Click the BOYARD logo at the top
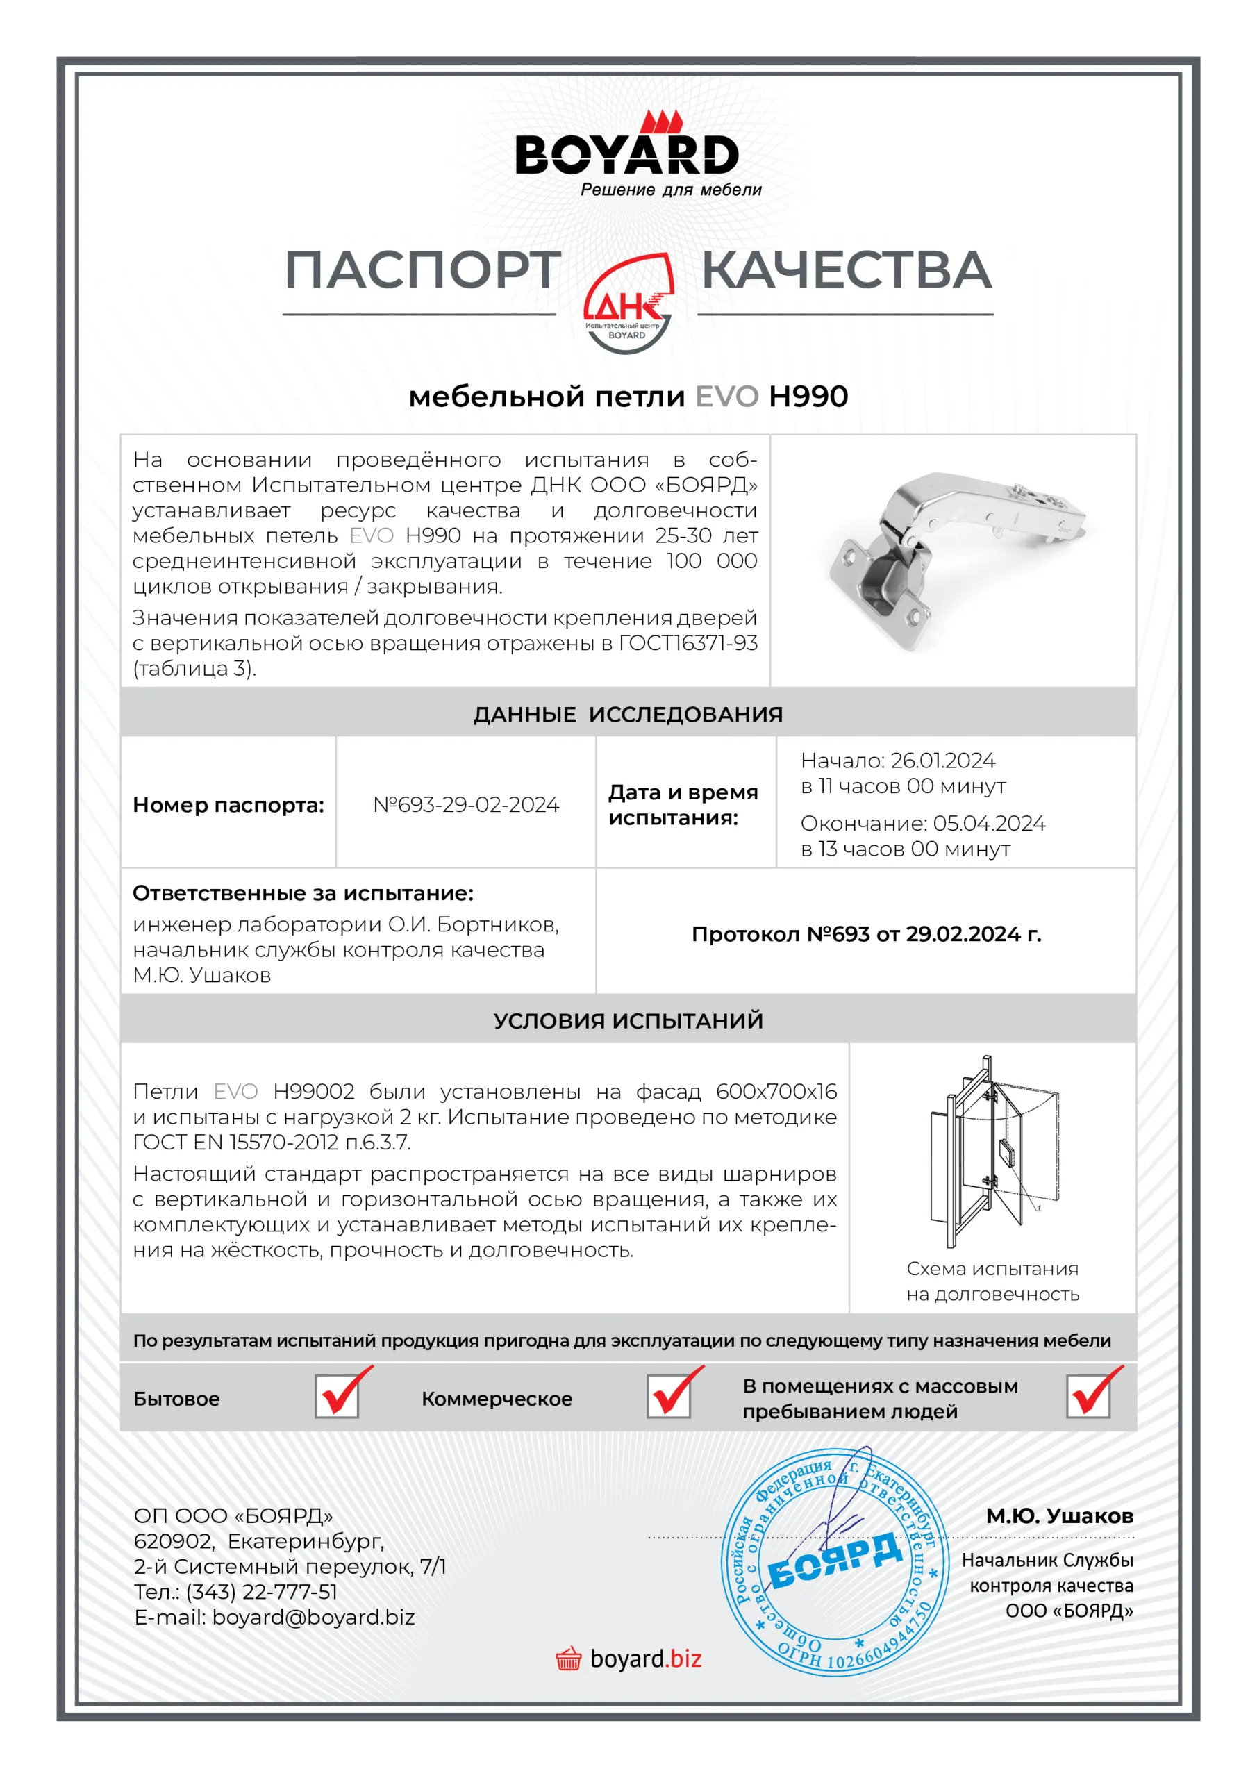coord(627,153)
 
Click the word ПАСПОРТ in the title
coord(423,271)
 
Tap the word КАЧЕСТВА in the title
coord(846,271)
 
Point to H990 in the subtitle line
coord(808,397)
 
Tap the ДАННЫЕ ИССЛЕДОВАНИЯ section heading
coord(627,714)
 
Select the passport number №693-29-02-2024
coord(465,804)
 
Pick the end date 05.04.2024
coord(988,823)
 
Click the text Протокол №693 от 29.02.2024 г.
coord(866,934)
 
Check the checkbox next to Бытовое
coord(337,1396)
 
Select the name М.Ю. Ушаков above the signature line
coord(1059,1515)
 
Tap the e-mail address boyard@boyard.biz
coord(313,1617)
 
